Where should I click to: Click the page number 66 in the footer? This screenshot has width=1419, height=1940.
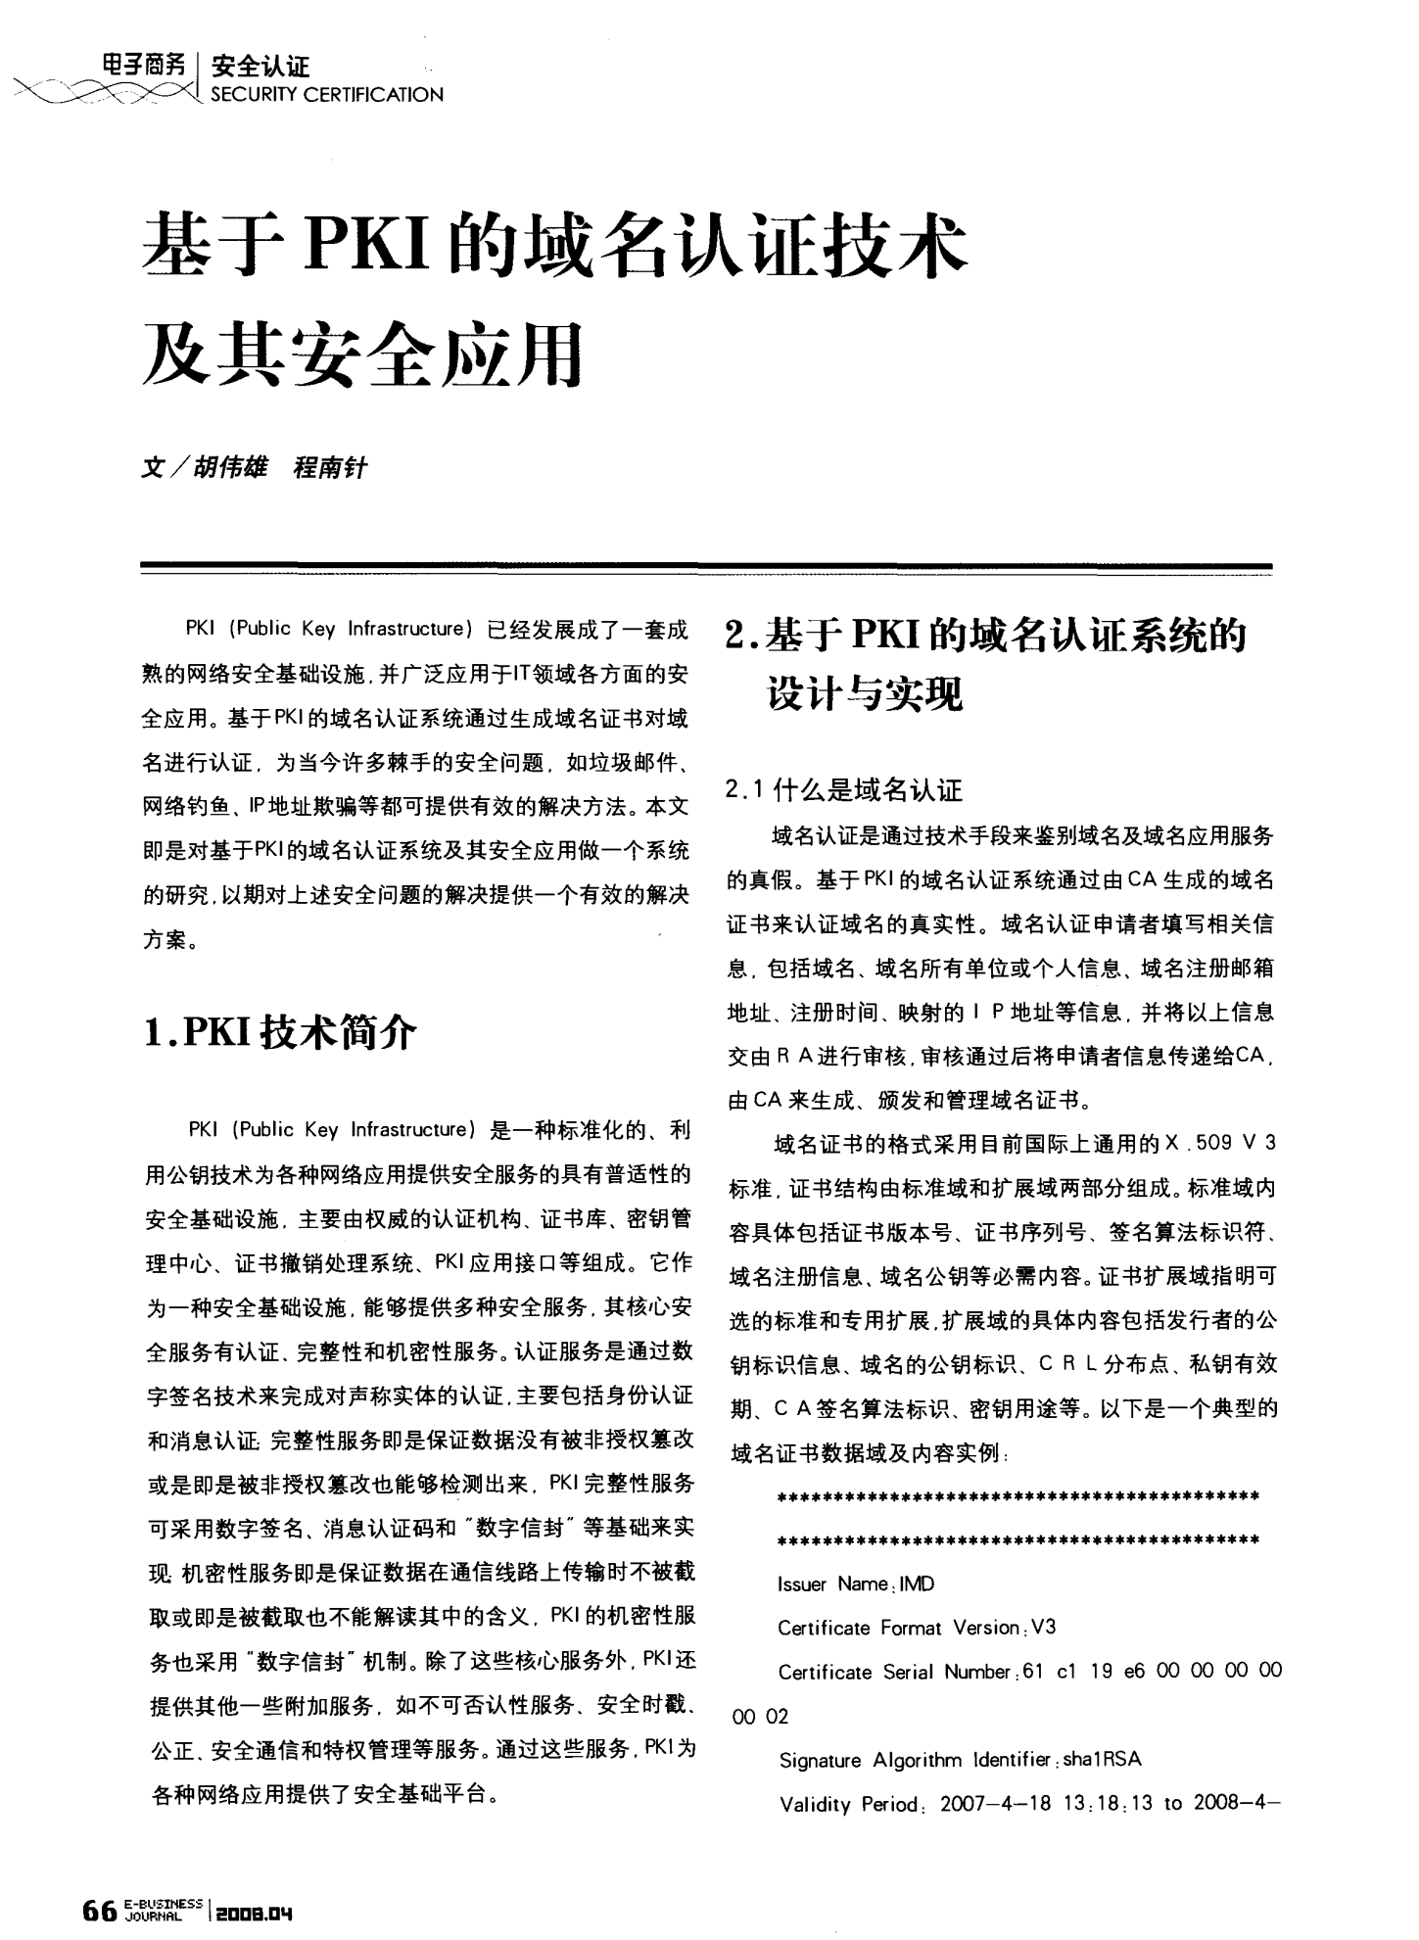100,1908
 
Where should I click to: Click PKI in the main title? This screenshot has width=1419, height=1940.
367,245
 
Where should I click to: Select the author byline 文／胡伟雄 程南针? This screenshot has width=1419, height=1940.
254,468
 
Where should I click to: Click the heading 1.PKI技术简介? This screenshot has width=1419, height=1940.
280,1032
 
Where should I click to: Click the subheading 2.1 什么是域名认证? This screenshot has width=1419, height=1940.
844,789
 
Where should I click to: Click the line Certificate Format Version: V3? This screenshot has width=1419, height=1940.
917,1628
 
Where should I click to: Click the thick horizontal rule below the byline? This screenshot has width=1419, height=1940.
705,566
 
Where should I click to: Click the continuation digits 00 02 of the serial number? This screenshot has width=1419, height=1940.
760,1716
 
